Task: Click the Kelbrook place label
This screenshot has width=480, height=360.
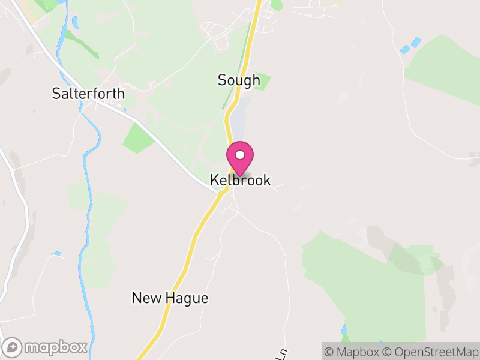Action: pos(240,180)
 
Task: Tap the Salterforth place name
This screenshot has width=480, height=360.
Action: pos(88,94)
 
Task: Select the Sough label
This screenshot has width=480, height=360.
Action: pos(239,80)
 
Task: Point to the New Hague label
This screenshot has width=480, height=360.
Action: pos(170,298)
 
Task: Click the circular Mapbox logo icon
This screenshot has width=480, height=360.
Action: pos(13,347)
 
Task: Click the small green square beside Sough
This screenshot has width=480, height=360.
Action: pos(262,81)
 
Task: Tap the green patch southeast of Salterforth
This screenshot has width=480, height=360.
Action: pos(137,137)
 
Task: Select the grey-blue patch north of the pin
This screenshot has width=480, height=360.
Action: pos(241,120)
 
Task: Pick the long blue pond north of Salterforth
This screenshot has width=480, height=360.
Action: pos(75,22)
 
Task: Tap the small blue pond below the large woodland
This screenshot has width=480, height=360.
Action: pos(343,329)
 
